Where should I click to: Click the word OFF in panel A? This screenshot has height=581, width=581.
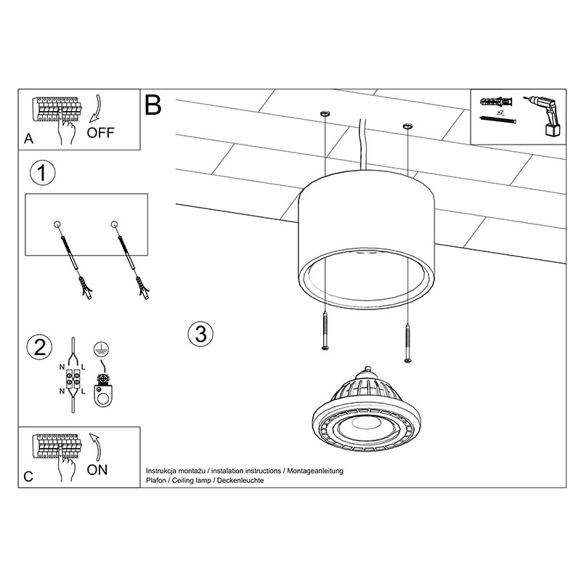pos(100,133)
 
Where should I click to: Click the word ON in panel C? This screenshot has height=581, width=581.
pos(97,470)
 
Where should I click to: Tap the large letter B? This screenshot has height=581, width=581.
pos(153,105)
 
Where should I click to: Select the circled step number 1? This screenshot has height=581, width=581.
pos(42,173)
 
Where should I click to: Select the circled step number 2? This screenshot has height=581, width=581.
pos(40,347)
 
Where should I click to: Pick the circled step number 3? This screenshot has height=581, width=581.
pos(200,333)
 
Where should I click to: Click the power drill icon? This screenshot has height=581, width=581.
pos(544,115)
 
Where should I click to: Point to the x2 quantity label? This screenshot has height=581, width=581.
pos(500,112)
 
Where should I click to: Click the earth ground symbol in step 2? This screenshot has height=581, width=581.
pos(101,349)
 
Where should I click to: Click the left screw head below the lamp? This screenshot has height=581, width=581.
pos(325,348)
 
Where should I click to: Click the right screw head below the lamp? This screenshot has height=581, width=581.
pos(407,359)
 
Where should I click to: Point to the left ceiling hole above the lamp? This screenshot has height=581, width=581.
pos(325,113)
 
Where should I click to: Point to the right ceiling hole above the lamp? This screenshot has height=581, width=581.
pos(407,126)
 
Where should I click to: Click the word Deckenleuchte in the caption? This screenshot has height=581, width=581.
pos(240,480)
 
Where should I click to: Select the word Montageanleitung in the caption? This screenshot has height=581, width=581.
pos(315,471)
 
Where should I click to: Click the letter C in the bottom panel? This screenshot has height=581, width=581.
pos(28,476)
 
